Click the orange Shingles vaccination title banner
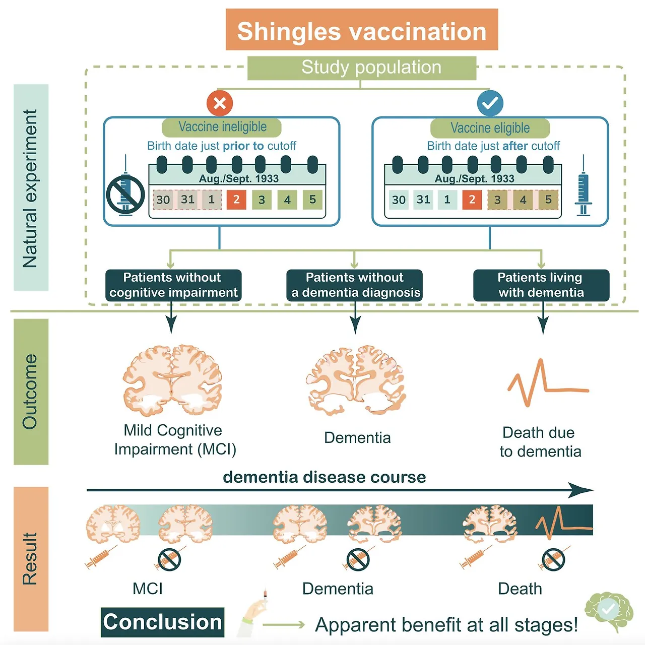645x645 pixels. (361, 30)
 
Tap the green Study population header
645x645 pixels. (361, 68)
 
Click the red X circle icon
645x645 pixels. (220, 103)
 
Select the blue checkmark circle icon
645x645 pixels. (490, 103)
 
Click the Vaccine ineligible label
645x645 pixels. (222, 127)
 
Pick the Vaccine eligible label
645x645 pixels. (490, 128)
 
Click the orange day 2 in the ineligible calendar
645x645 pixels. (236, 200)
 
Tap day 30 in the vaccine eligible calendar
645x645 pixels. (399, 200)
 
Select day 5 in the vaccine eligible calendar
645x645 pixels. (548, 200)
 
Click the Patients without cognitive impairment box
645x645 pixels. (173, 285)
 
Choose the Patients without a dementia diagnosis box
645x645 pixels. (355, 285)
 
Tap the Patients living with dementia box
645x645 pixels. (541, 285)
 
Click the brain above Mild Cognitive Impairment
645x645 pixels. (172, 380)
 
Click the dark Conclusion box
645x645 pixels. (162, 622)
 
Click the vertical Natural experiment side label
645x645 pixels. (31, 187)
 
